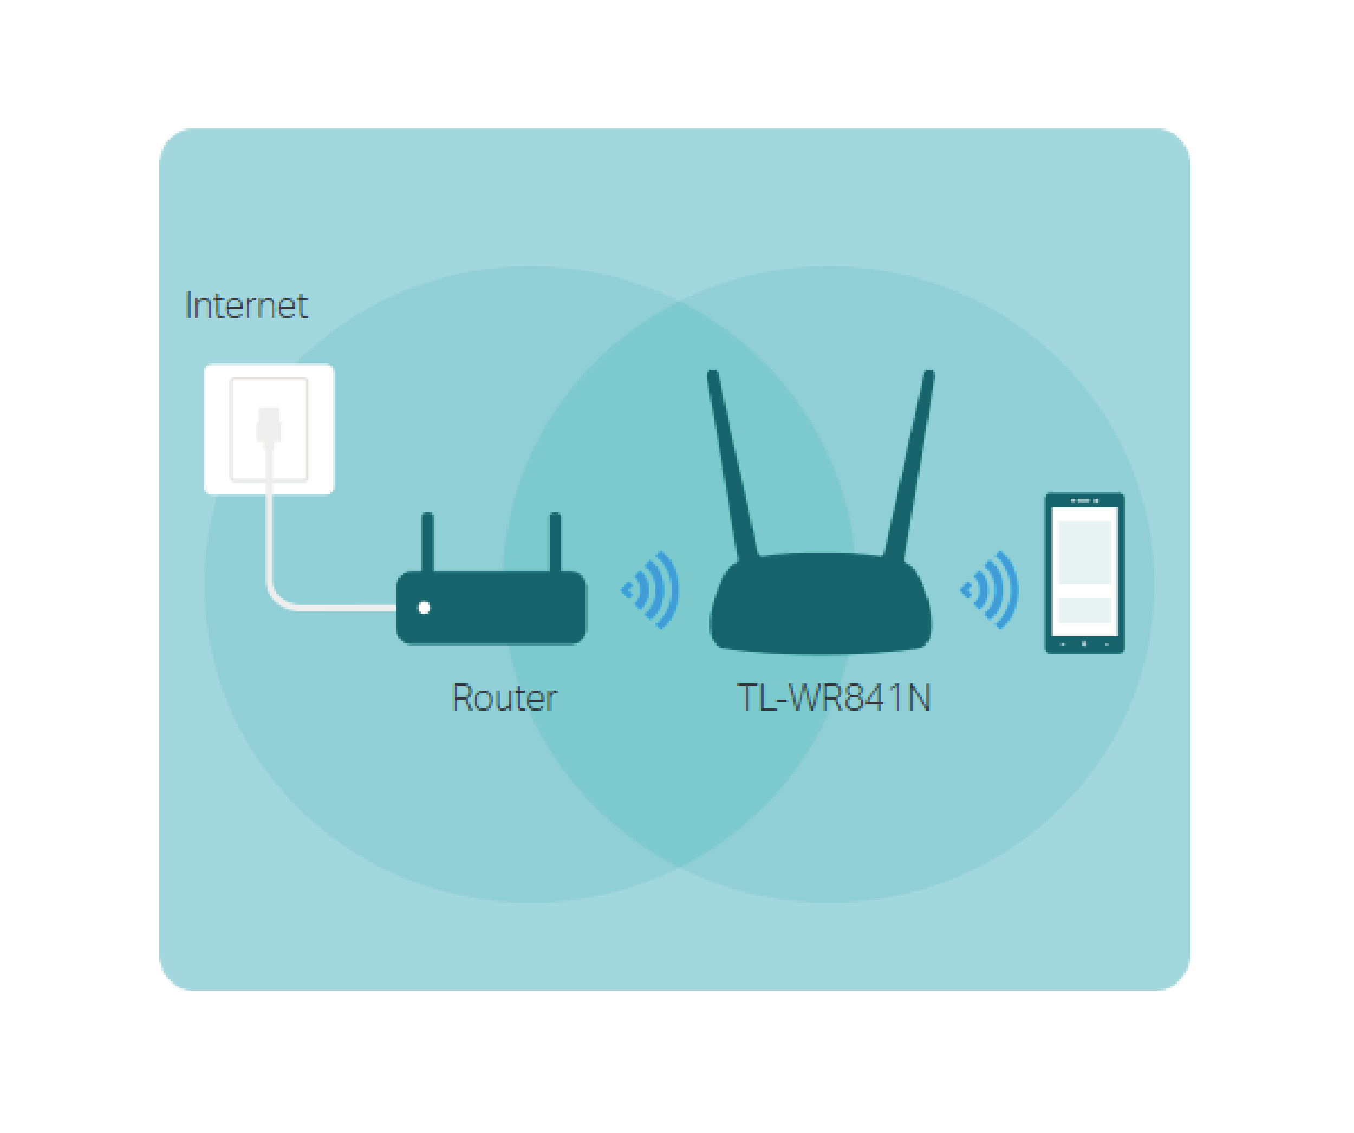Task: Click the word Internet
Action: (x=246, y=305)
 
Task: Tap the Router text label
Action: (x=504, y=698)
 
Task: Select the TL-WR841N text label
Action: (x=834, y=698)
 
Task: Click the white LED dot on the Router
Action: (x=424, y=608)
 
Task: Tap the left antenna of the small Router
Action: (x=427, y=542)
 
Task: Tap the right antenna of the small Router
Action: (x=555, y=542)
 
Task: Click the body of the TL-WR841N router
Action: (x=821, y=606)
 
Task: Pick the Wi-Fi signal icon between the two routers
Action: (x=651, y=589)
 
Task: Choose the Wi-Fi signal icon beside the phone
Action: (x=991, y=589)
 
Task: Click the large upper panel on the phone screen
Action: (x=1084, y=552)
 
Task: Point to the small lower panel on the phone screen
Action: (x=1084, y=610)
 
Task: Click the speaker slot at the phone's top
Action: (x=1084, y=500)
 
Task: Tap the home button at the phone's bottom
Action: (x=1084, y=643)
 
